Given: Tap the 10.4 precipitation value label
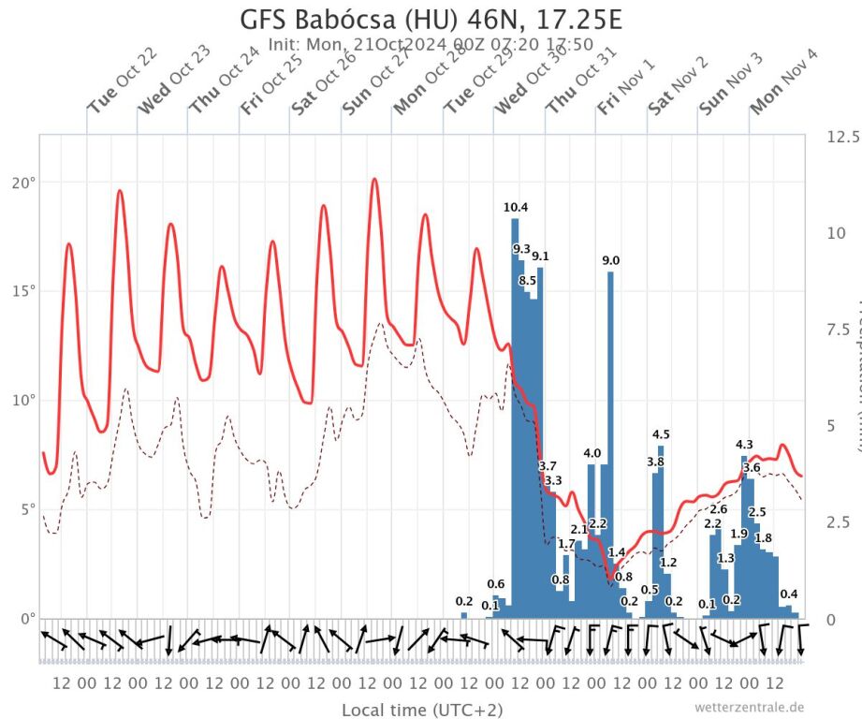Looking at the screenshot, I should [515, 207].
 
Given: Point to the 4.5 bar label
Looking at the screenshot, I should [661, 434].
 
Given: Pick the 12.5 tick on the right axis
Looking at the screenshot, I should [843, 137].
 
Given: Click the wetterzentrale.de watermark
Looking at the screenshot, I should [749, 707].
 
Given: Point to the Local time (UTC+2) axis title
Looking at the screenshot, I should [421, 709].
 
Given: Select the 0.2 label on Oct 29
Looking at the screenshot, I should [464, 601].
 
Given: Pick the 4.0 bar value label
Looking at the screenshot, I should [592, 453].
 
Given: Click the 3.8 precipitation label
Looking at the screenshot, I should [655, 462].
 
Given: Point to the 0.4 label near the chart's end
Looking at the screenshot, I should [789, 594].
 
